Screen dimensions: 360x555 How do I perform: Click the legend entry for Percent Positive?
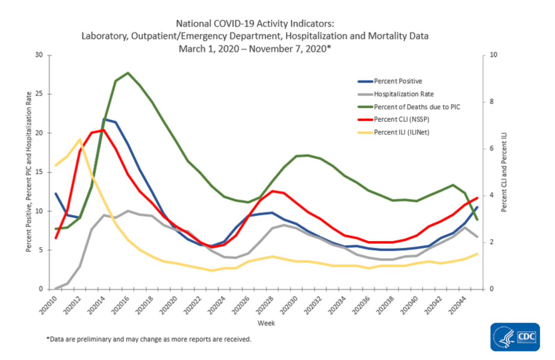(398, 81)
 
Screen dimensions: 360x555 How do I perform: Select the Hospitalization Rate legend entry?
(403, 94)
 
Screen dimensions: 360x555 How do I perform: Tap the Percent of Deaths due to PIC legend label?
(417, 107)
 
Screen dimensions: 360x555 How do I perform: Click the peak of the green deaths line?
(128, 73)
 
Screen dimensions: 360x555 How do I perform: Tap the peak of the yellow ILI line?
(80, 139)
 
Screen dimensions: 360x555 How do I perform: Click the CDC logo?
(515, 337)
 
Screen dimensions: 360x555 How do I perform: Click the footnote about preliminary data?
(148, 340)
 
